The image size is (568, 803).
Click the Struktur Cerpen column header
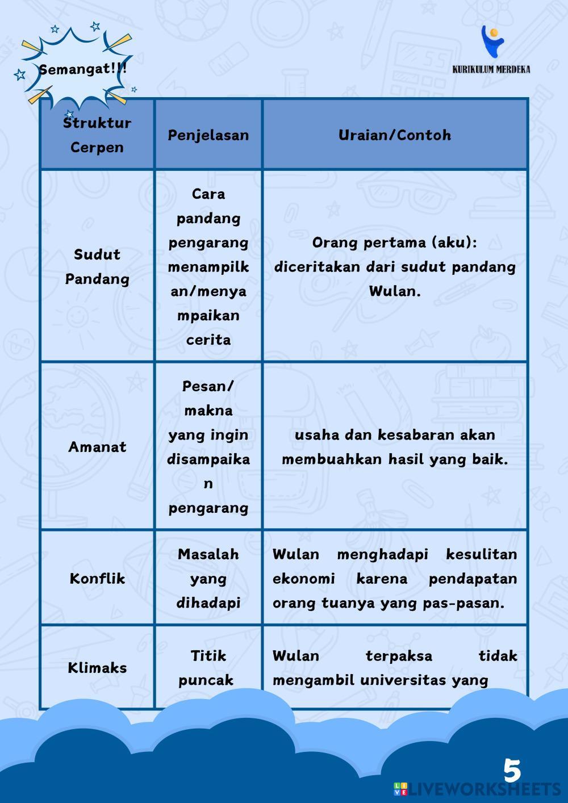tap(97, 135)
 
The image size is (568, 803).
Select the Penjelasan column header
tap(208, 135)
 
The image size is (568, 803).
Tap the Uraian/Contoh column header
tap(395, 135)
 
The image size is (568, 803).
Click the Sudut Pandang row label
tap(97, 266)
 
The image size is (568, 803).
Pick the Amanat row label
tap(97, 447)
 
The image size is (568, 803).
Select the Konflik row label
tap(97, 579)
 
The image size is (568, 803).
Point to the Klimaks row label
tap(97, 668)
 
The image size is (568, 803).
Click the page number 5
tap(512, 771)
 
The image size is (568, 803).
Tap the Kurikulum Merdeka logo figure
tap(492, 41)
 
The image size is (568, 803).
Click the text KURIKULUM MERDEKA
tap(491, 69)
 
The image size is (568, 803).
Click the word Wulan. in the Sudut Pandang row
tap(395, 291)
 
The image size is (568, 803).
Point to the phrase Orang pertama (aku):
tap(395, 242)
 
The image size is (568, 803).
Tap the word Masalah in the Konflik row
tap(208, 554)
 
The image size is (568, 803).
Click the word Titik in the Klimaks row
tap(208, 656)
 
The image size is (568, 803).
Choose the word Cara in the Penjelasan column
tap(208, 194)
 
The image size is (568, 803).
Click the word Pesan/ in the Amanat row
tap(208, 386)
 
